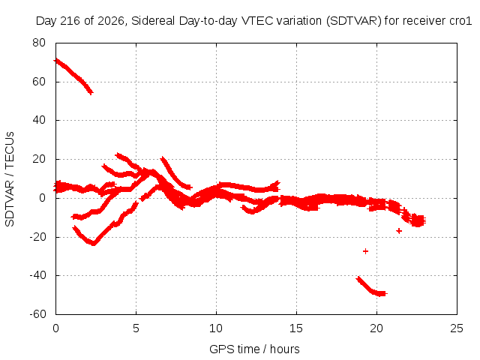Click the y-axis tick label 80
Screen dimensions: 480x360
[x=39, y=43]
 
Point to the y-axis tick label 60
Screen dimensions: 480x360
[x=39, y=82]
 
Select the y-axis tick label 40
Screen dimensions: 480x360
[x=39, y=120]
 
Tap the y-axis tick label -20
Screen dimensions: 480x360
[x=37, y=237]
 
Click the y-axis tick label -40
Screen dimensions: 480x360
[x=37, y=275]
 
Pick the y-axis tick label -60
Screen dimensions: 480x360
[x=37, y=314]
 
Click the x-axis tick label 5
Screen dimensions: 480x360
[x=136, y=328]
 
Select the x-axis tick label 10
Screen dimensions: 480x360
[x=216, y=328]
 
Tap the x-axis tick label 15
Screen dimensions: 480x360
[x=296, y=328]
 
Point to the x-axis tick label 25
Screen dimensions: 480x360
[x=457, y=328]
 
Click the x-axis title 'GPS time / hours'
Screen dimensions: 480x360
[x=254, y=349]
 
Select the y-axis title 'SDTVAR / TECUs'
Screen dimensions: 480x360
[x=10, y=179]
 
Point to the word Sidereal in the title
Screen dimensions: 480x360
[x=153, y=21]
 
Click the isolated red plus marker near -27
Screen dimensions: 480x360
[x=365, y=251]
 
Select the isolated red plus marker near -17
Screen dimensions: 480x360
[x=399, y=231]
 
